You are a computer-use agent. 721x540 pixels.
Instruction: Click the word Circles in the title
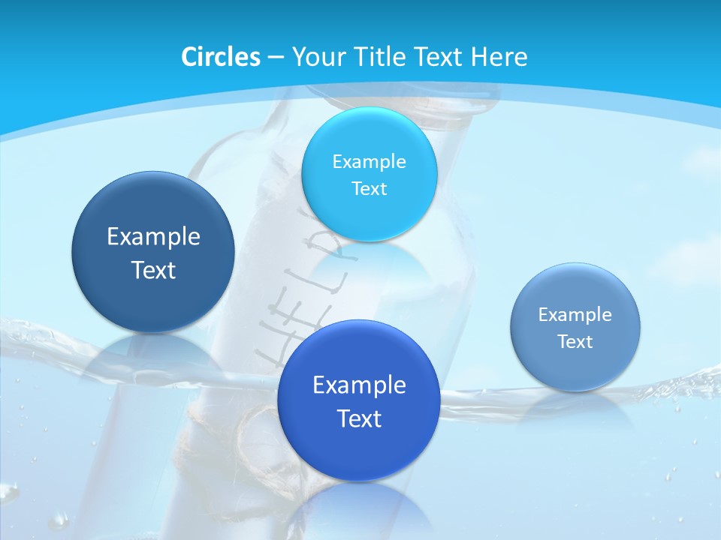point(220,57)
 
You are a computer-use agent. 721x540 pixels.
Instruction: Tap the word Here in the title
point(499,57)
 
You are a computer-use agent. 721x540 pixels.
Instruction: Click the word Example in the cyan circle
point(369,162)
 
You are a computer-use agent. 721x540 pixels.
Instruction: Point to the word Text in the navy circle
point(153,271)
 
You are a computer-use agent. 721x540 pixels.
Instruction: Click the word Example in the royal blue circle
point(359,385)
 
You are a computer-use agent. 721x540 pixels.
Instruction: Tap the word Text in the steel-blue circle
point(575,342)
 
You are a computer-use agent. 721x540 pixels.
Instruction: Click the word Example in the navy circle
point(153,237)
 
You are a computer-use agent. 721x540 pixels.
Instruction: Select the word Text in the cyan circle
point(369,189)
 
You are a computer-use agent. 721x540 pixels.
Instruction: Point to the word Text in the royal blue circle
point(359,418)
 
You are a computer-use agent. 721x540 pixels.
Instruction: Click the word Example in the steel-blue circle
point(575,315)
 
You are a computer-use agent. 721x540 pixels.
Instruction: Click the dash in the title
point(275,58)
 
